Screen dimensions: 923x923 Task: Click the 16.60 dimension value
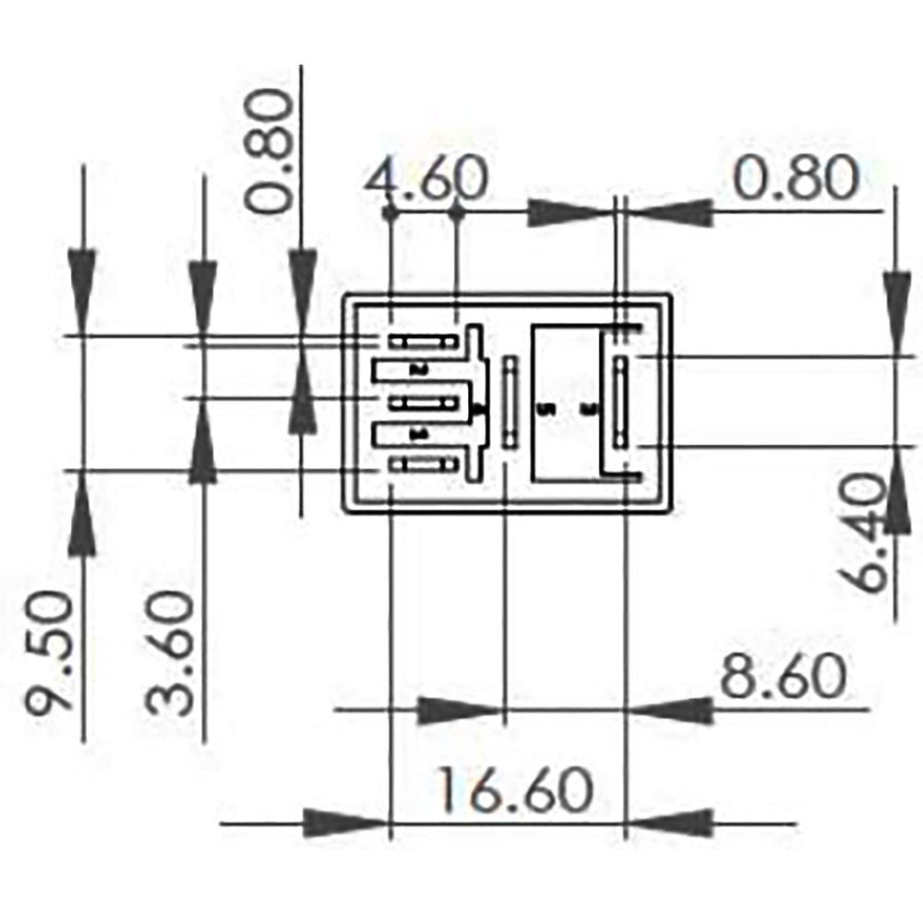point(514,791)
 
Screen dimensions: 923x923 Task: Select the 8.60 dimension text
point(783,677)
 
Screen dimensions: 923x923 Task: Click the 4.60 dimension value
point(426,179)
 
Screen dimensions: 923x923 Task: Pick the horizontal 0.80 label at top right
point(796,179)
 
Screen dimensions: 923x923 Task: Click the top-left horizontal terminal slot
point(424,342)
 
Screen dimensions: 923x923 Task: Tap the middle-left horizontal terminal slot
point(424,403)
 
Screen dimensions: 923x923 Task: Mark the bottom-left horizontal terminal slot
point(424,464)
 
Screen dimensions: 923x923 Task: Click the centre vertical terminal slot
point(509,402)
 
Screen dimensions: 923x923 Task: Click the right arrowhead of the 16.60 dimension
point(670,822)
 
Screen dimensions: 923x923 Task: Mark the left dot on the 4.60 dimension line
point(391,212)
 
